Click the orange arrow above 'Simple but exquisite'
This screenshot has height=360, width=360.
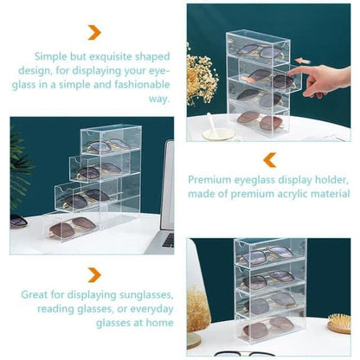pos(94,32)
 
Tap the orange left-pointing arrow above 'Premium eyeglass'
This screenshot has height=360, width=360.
pos(270,160)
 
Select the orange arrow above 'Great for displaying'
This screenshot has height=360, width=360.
pos(94,275)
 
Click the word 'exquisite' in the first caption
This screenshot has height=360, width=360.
pos(111,57)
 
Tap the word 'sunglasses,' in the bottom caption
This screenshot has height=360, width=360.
pos(146,295)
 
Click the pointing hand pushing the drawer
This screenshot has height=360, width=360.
pos(320,80)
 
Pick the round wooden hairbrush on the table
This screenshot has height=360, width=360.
pos(339,323)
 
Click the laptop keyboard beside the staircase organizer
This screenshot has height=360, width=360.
pos(168,241)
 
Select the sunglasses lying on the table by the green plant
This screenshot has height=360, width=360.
pos(18,222)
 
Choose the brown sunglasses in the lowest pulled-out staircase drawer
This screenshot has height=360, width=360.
pos(73,227)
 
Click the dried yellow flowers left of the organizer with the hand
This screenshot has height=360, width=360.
pos(201,76)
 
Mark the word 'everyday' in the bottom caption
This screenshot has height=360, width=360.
pos(151,309)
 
